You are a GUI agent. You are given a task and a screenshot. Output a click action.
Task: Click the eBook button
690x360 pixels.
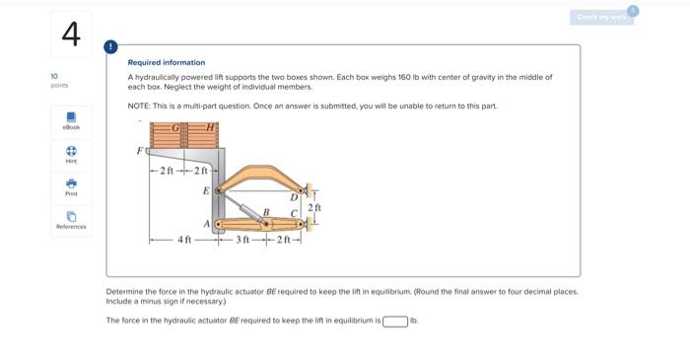point(70,120)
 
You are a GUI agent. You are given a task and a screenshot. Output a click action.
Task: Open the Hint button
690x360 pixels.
point(70,156)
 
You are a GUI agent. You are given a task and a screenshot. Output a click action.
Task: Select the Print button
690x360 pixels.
point(70,187)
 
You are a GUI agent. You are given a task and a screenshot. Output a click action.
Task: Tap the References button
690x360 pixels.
point(70,220)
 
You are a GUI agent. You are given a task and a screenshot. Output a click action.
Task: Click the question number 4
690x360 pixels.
point(69,35)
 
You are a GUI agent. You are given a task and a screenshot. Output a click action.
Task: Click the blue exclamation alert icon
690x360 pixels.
point(111,46)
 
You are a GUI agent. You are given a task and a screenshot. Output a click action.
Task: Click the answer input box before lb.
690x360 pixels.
point(395,321)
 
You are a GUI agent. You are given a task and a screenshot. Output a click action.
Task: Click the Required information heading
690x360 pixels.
point(167,62)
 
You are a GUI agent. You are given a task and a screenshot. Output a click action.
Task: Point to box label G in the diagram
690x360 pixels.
point(176,127)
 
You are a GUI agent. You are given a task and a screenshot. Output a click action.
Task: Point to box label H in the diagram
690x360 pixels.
point(210,127)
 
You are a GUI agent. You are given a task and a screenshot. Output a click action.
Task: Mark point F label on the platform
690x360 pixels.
point(139,150)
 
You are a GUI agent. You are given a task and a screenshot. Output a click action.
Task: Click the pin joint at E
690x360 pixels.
point(219,189)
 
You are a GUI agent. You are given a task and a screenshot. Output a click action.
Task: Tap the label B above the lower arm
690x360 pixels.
point(264,212)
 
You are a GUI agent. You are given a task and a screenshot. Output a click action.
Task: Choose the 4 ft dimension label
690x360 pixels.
point(183,240)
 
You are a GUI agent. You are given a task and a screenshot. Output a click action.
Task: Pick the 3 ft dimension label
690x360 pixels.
point(240,240)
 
